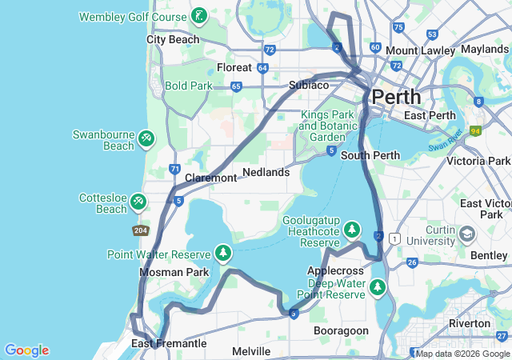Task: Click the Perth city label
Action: [x=395, y=97]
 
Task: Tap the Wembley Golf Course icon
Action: [x=199, y=16]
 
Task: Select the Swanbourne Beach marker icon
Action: [x=146, y=139]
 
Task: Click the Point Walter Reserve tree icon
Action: [x=223, y=254]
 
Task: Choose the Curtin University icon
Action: [x=467, y=234]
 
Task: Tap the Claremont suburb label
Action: [x=210, y=178]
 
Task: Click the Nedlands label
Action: [x=266, y=172]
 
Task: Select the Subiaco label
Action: [x=309, y=85]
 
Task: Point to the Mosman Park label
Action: [x=174, y=272]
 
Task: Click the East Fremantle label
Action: [x=169, y=344]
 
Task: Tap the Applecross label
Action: [x=335, y=271]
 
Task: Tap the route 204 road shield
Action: [x=140, y=230]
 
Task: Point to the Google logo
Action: [x=26, y=350]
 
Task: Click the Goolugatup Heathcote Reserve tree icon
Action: [x=352, y=232]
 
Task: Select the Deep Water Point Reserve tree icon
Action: [x=378, y=287]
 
